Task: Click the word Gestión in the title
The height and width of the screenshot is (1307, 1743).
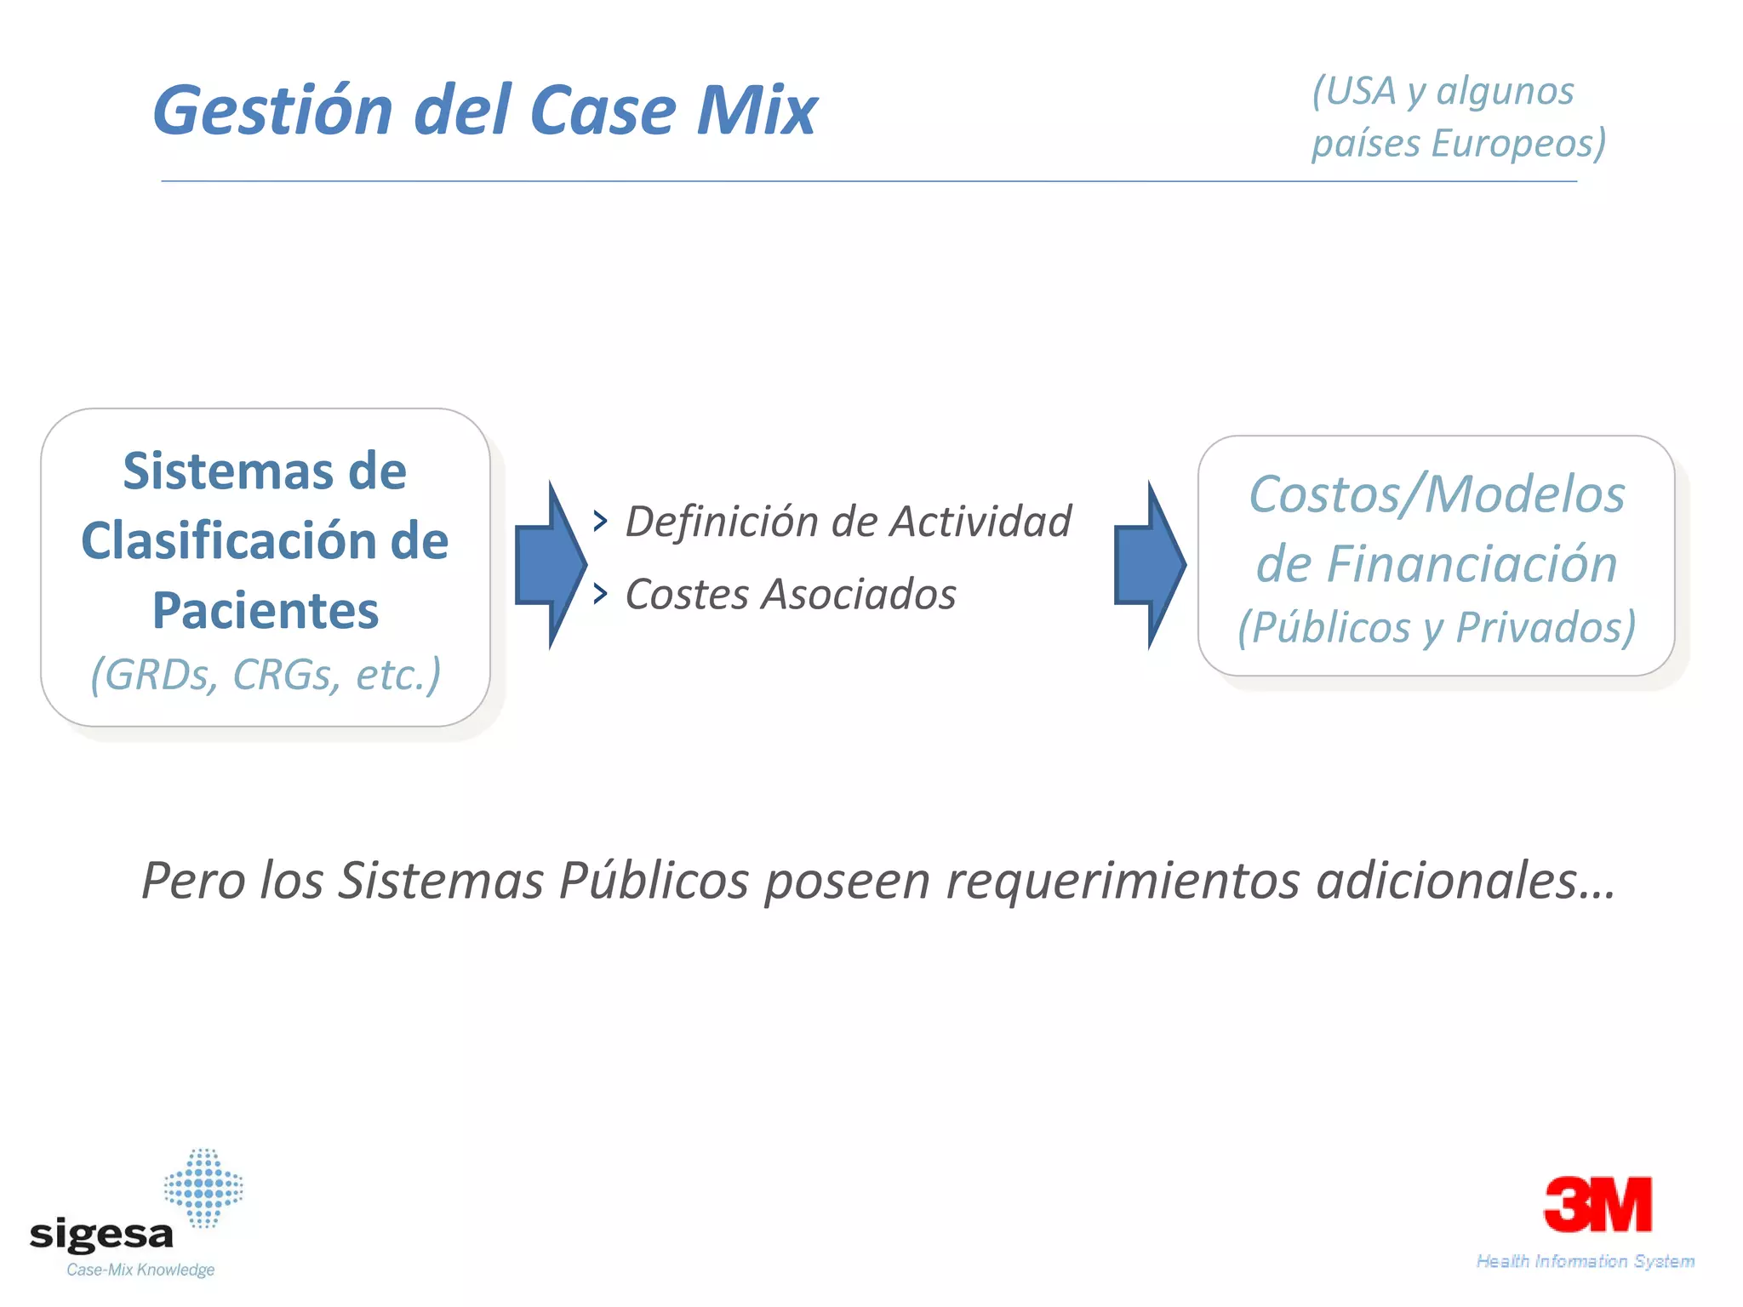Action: point(272,111)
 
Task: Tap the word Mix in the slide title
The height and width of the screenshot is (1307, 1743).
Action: point(757,111)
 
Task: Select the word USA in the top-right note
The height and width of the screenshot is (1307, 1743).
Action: point(1361,91)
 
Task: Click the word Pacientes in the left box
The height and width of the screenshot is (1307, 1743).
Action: point(266,611)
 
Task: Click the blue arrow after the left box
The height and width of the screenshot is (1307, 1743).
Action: point(550,564)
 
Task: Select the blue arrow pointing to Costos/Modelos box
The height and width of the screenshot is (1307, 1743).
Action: point(1149,564)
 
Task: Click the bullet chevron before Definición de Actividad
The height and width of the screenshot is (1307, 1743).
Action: point(601,521)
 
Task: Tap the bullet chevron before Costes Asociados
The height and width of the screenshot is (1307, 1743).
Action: point(601,593)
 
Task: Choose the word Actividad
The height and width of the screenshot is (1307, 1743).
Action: point(980,522)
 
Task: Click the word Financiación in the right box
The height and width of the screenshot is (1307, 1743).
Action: point(1472,564)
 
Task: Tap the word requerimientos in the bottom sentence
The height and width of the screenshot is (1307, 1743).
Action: point(1123,880)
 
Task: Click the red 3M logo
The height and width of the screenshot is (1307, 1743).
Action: point(1597,1205)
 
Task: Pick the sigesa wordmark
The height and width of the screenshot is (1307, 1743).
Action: point(101,1235)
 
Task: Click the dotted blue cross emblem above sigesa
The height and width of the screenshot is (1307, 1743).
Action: point(203,1188)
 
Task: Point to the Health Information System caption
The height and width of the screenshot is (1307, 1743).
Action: point(1585,1261)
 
